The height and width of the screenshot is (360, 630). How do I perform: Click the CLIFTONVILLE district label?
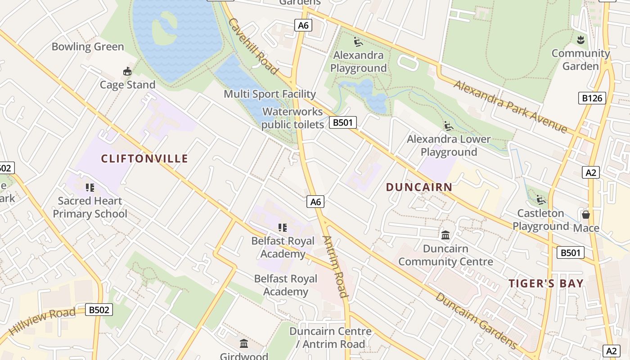144,158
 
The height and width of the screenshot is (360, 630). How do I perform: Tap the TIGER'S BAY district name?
546,283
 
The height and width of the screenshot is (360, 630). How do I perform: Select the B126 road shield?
592,98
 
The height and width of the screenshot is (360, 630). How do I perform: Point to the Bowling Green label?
88,47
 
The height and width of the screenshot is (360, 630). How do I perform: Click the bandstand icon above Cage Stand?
127,71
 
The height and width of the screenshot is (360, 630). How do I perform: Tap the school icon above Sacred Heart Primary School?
90,187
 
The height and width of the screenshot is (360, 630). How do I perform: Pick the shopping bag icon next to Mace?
585,214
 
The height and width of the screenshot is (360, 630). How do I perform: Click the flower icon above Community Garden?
580,40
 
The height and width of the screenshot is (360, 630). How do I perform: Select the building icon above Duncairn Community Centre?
445,235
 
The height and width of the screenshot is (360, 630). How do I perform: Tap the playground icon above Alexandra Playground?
358,42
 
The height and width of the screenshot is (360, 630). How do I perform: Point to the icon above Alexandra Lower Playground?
448,126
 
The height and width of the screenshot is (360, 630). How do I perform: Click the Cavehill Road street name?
252,46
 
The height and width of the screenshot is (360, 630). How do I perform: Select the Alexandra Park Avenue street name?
510,107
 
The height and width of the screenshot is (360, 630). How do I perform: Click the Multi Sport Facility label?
270,94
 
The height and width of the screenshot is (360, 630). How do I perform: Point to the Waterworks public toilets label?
292,118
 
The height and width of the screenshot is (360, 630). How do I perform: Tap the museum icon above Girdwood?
244,344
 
